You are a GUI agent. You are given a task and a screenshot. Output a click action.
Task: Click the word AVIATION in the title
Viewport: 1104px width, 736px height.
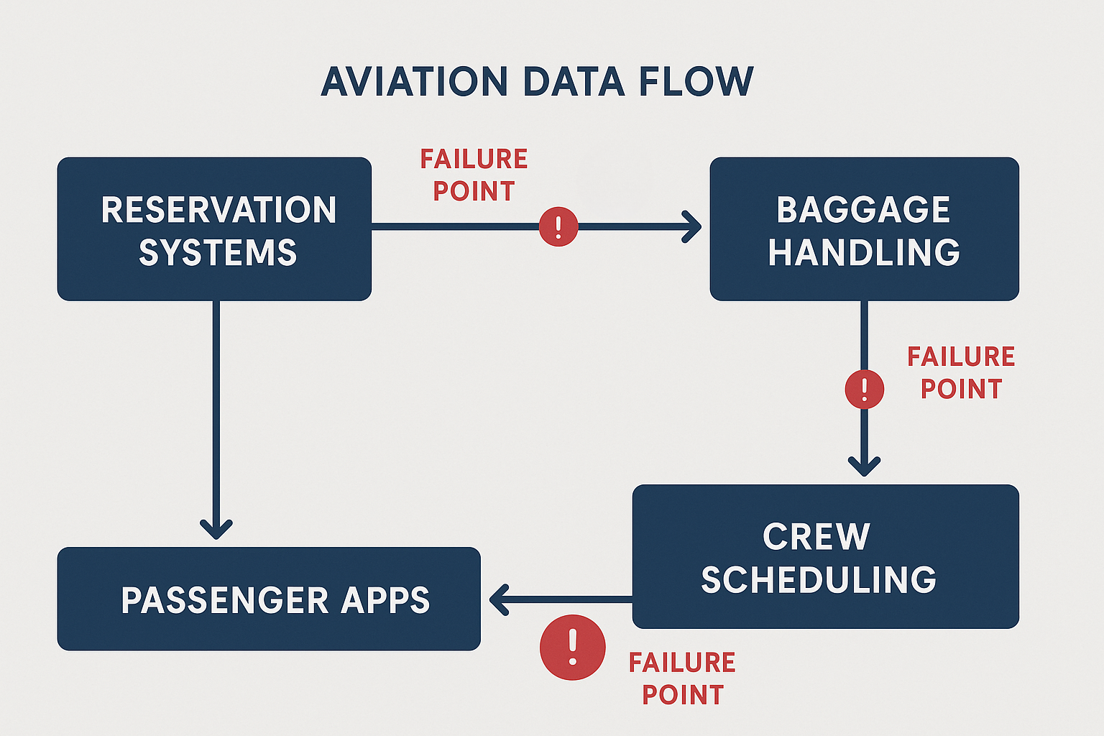(414, 81)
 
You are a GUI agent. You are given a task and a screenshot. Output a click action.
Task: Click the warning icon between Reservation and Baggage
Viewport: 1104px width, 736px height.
(558, 227)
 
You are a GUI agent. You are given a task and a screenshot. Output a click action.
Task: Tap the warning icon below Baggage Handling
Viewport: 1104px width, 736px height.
(864, 390)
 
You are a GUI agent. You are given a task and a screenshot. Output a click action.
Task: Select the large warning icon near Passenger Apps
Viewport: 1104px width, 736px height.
(572, 647)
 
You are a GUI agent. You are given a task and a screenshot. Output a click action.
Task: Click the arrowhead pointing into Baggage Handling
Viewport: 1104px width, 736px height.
(693, 227)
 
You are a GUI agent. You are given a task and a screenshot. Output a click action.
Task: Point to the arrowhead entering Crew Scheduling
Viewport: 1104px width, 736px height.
(864, 466)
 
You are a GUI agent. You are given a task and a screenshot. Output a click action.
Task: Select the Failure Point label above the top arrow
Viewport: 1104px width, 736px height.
(474, 175)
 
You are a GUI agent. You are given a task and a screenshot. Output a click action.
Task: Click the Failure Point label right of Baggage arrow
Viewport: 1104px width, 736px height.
(960, 372)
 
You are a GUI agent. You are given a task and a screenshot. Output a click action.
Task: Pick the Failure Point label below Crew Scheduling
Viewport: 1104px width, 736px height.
(682, 678)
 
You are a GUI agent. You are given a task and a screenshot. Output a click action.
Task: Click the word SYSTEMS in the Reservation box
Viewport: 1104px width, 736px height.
(218, 252)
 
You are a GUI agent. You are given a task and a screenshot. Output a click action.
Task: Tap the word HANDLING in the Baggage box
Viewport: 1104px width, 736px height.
(864, 252)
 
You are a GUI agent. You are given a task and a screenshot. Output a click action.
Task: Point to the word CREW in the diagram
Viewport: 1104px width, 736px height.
(816, 537)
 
